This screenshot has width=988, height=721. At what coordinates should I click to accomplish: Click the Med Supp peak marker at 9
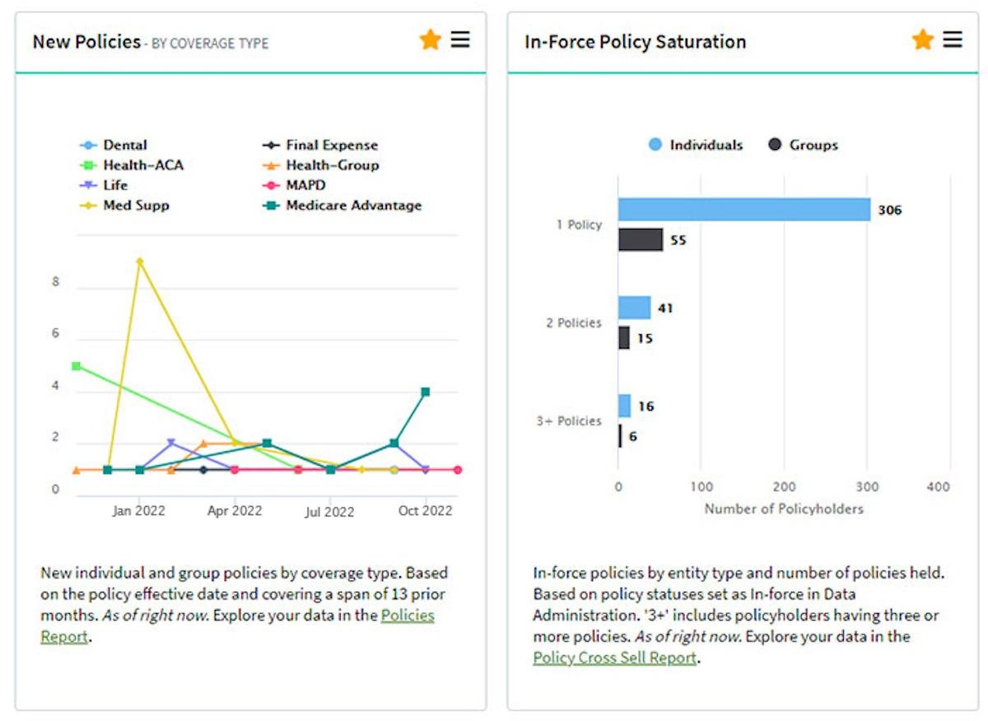[140, 262]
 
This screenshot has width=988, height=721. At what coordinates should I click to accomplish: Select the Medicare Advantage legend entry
[353, 206]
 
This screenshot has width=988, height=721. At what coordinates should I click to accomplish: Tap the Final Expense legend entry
[331, 145]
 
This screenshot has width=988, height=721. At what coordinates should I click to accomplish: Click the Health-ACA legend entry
[142, 165]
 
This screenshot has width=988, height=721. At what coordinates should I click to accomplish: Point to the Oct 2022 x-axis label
[425, 511]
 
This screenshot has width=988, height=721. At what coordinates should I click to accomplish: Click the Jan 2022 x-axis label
[138, 511]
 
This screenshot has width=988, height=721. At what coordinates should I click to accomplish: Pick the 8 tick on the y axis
[56, 281]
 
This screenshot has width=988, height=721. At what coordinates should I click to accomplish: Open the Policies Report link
[407, 616]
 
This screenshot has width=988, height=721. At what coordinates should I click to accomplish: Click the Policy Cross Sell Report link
[614, 658]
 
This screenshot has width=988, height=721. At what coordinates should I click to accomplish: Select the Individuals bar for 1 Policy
[743, 210]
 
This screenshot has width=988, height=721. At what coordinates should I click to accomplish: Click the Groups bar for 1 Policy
[641, 240]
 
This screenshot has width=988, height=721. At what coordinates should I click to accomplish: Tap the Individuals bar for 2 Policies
[635, 308]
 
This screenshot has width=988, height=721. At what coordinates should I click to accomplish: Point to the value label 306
[889, 210]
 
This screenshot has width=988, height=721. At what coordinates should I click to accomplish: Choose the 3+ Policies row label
[569, 421]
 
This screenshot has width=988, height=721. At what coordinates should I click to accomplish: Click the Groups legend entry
[813, 146]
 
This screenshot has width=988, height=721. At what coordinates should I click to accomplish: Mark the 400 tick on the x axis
[938, 487]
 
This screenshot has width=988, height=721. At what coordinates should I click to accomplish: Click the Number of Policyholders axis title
[784, 509]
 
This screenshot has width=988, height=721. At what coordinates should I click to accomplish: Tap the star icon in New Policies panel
[430, 40]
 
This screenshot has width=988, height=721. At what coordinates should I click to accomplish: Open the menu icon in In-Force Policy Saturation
[953, 40]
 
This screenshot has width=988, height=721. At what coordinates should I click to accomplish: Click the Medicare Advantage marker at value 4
[425, 392]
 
